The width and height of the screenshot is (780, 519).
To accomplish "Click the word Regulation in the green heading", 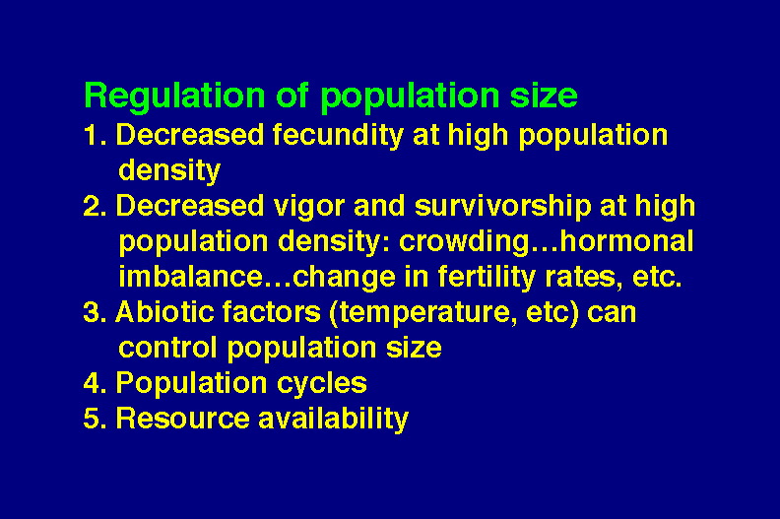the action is [174, 97].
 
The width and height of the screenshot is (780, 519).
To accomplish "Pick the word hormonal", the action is [626, 241].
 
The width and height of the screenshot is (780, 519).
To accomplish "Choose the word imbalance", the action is [190, 277].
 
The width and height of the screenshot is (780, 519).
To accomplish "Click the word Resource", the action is [182, 419].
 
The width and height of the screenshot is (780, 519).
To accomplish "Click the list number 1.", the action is [95, 136].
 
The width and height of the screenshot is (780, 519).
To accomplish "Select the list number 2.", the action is [95, 207].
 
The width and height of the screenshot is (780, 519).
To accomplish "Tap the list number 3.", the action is [95, 312].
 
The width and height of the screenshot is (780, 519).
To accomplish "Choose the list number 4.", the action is [95, 383].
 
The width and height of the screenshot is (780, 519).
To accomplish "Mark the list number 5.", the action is [95, 419].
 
